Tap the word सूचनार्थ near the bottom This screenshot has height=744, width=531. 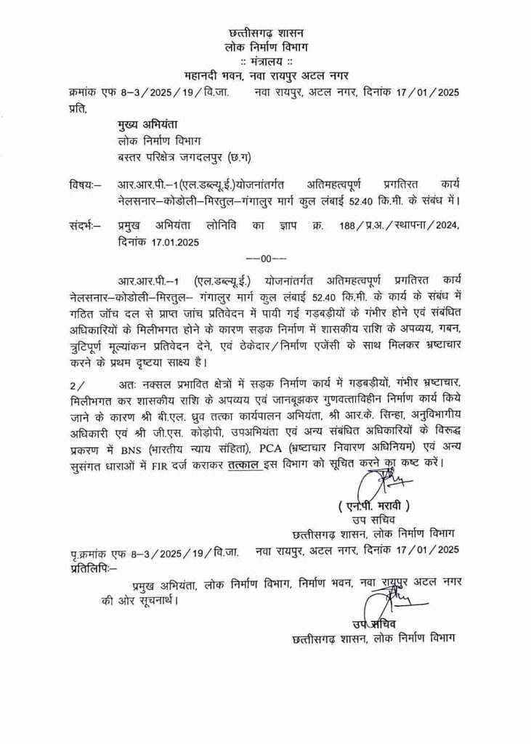click(x=153, y=600)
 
